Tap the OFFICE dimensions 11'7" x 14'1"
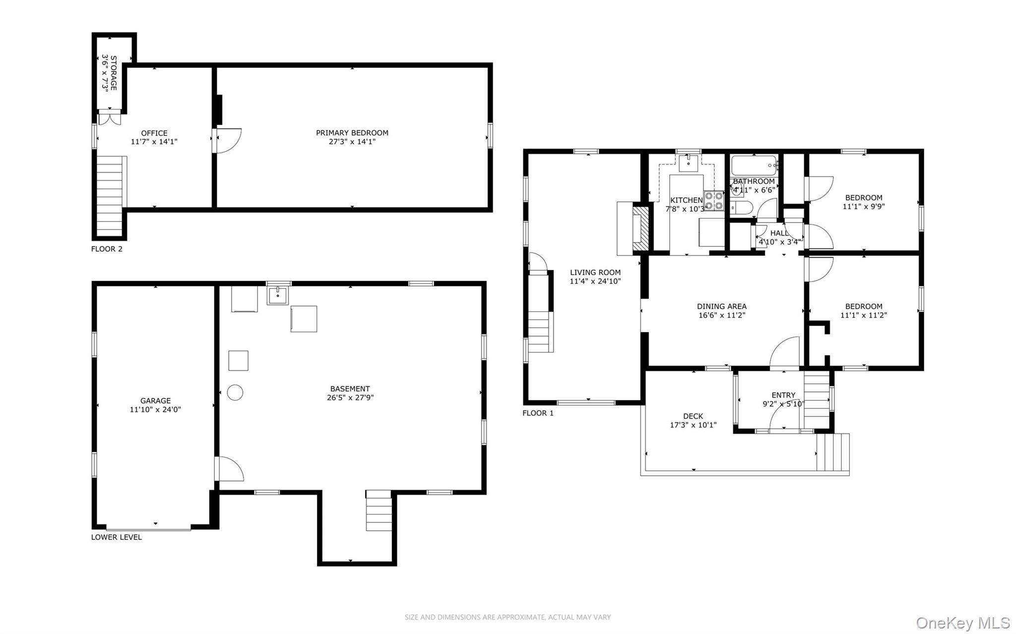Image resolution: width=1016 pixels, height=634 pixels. click(x=154, y=142)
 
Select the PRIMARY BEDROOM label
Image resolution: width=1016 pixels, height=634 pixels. click(x=352, y=133)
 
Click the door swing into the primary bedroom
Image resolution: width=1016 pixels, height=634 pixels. click(x=228, y=140)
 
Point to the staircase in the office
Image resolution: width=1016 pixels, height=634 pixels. click(x=110, y=196)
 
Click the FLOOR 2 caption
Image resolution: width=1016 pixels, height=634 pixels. click(x=107, y=249)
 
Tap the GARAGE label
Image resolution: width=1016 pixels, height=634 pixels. click(x=155, y=401)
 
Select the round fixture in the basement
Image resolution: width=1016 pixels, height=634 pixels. click(x=235, y=393)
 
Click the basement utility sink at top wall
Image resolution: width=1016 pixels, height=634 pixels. click(x=278, y=295)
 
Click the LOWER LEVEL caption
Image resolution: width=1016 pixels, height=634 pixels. click(x=117, y=537)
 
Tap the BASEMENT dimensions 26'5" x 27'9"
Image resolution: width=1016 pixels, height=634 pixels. click(x=350, y=398)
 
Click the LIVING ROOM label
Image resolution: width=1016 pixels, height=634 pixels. click(x=595, y=272)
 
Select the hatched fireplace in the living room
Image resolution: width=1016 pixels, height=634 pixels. click(x=641, y=228)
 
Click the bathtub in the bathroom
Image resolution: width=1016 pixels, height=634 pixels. click(x=754, y=165)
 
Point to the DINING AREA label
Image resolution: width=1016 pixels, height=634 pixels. click(x=721, y=306)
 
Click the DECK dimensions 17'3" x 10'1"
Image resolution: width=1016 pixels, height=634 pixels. click(x=693, y=425)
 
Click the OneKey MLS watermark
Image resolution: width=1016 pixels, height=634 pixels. click(x=962, y=623)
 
